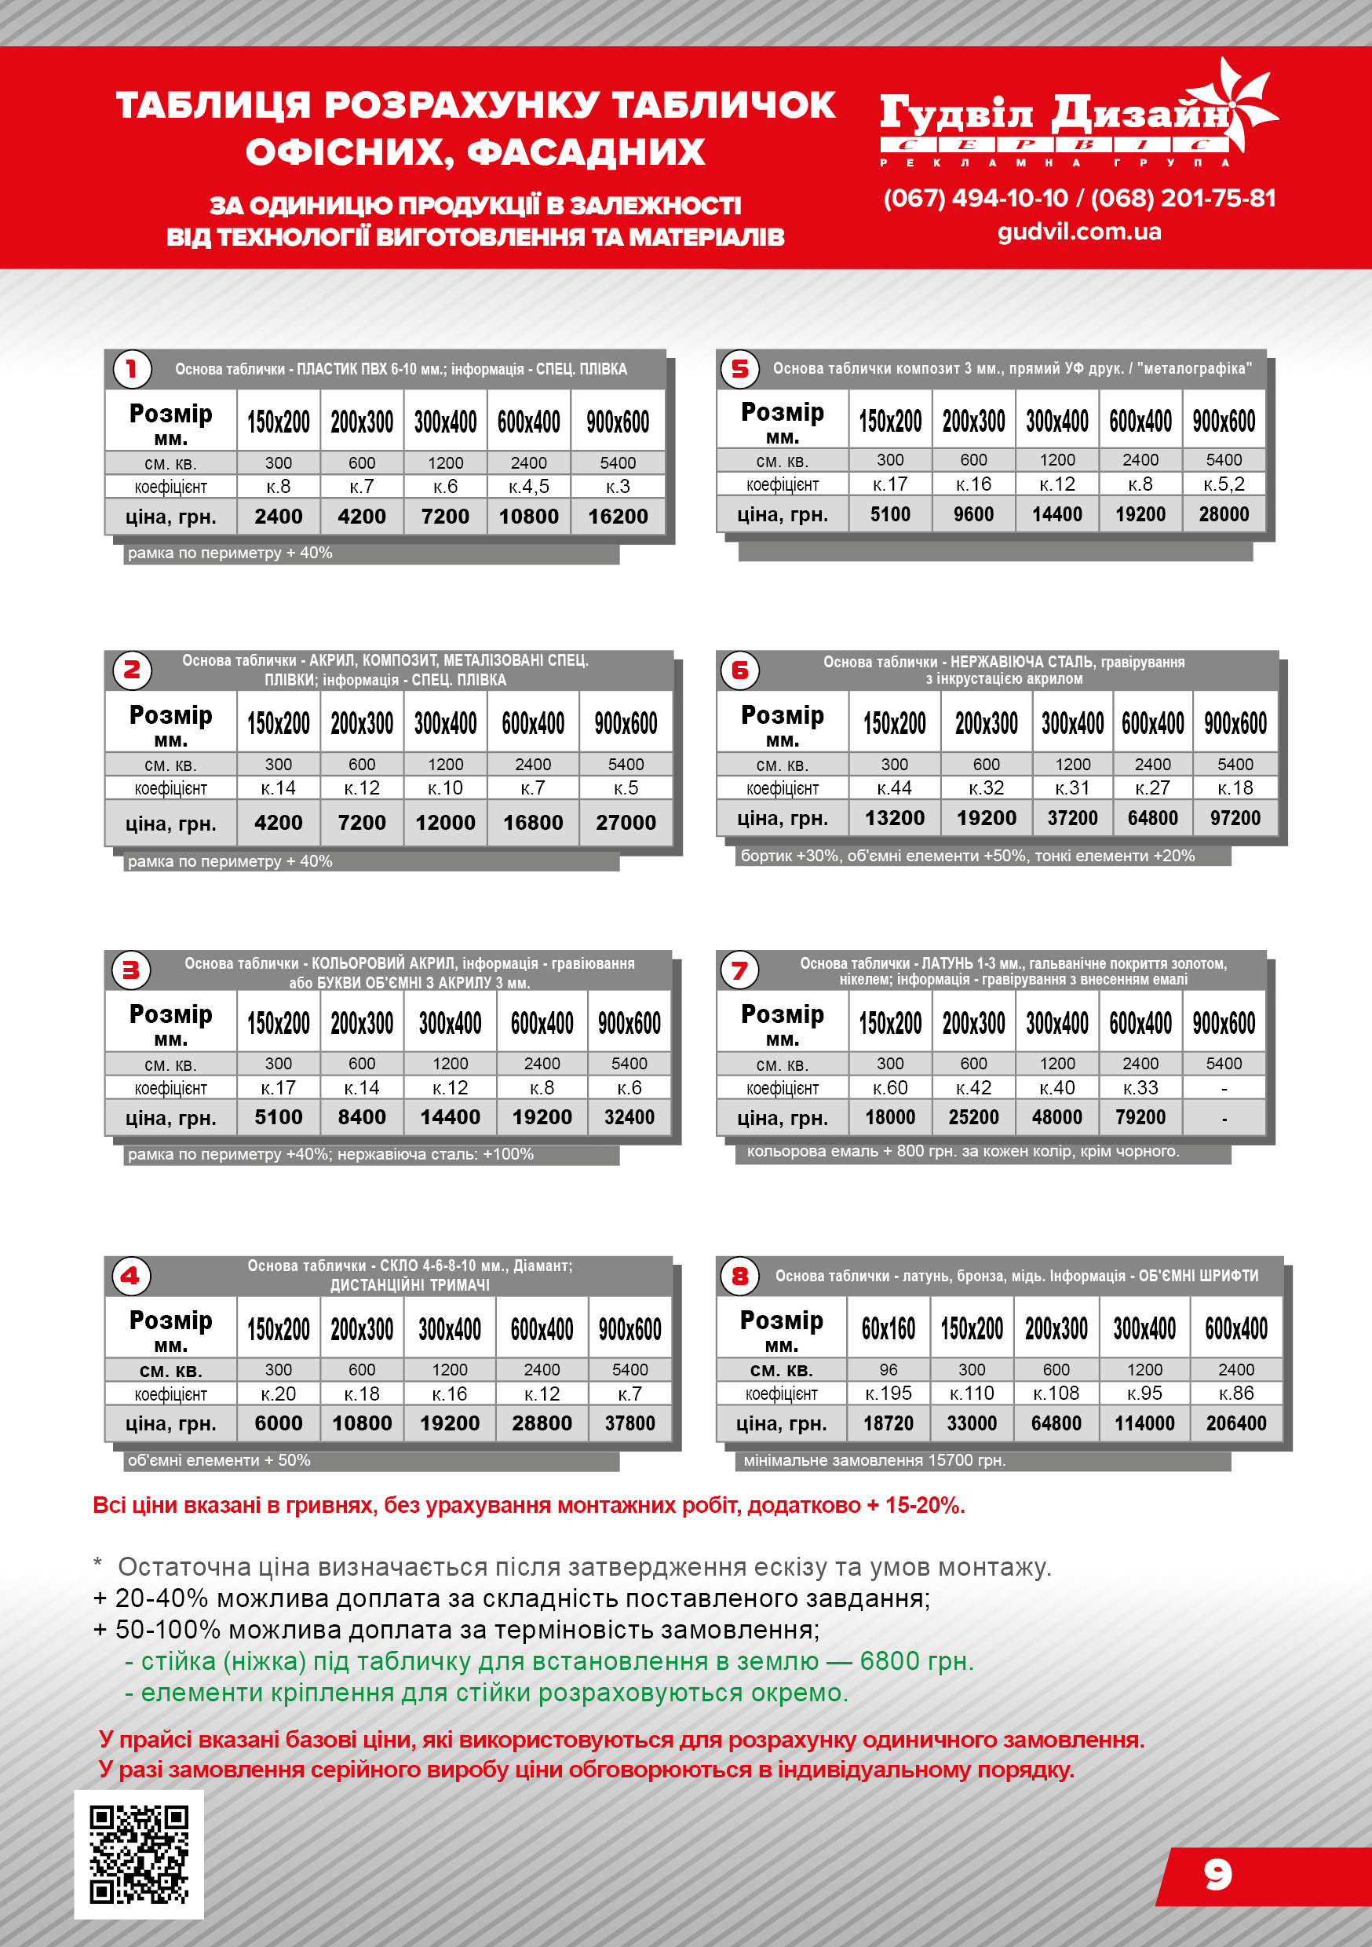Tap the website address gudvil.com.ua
[x=1078, y=232]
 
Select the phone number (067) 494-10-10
[x=975, y=199]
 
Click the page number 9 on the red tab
[x=1217, y=1874]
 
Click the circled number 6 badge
[x=739, y=670]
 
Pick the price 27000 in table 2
[x=625, y=822]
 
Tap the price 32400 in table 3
[x=629, y=1117]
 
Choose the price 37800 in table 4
[x=629, y=1423]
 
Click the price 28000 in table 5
[x=1223, y=514]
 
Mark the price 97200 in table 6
[x=1235, y=818]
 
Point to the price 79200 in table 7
[x=1140, y=1117]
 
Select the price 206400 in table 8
[x=1235, y=1423]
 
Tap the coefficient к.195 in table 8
[x=888, y=1394]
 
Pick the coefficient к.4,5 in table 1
[x=528, y=487]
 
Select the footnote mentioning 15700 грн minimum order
[x=874, y=1460]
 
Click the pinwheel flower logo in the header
[x=1239, y=106]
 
